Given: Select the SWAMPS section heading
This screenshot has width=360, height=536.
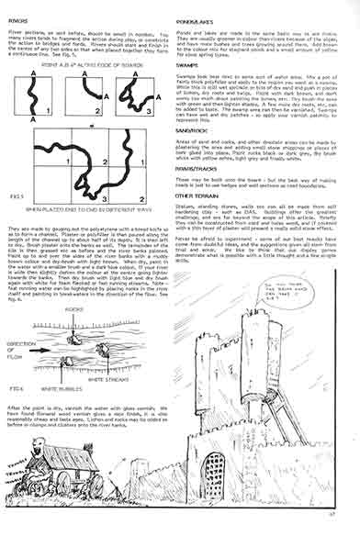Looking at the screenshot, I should [200, 63].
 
